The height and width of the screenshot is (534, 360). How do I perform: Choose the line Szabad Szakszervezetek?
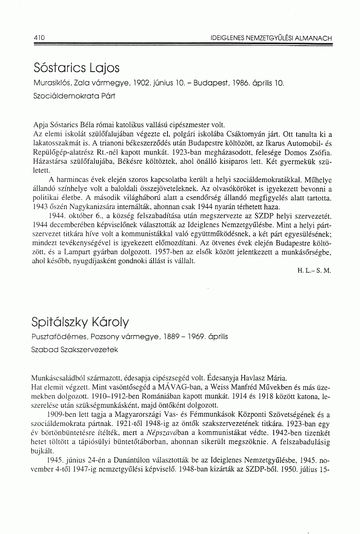pos(75,350)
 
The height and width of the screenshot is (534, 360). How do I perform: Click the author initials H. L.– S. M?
pos(314,270)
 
